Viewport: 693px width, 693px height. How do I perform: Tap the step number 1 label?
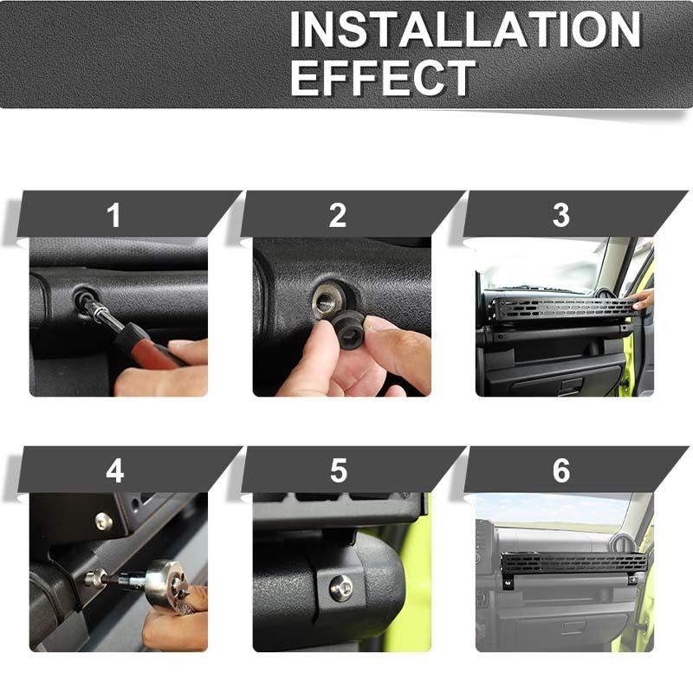coord(114,215)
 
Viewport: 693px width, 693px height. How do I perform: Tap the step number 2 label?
coord(338,215)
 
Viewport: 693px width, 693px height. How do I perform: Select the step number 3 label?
coord(561,215)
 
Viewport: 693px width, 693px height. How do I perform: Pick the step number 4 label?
coord(114,470)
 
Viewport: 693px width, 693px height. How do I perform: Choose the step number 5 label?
coord(338,470)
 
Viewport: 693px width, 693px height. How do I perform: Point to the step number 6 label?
coord(561,470)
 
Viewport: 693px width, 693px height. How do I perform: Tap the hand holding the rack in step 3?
coord(643,299)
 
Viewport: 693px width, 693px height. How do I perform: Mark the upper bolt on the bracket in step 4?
coord(103,521)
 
